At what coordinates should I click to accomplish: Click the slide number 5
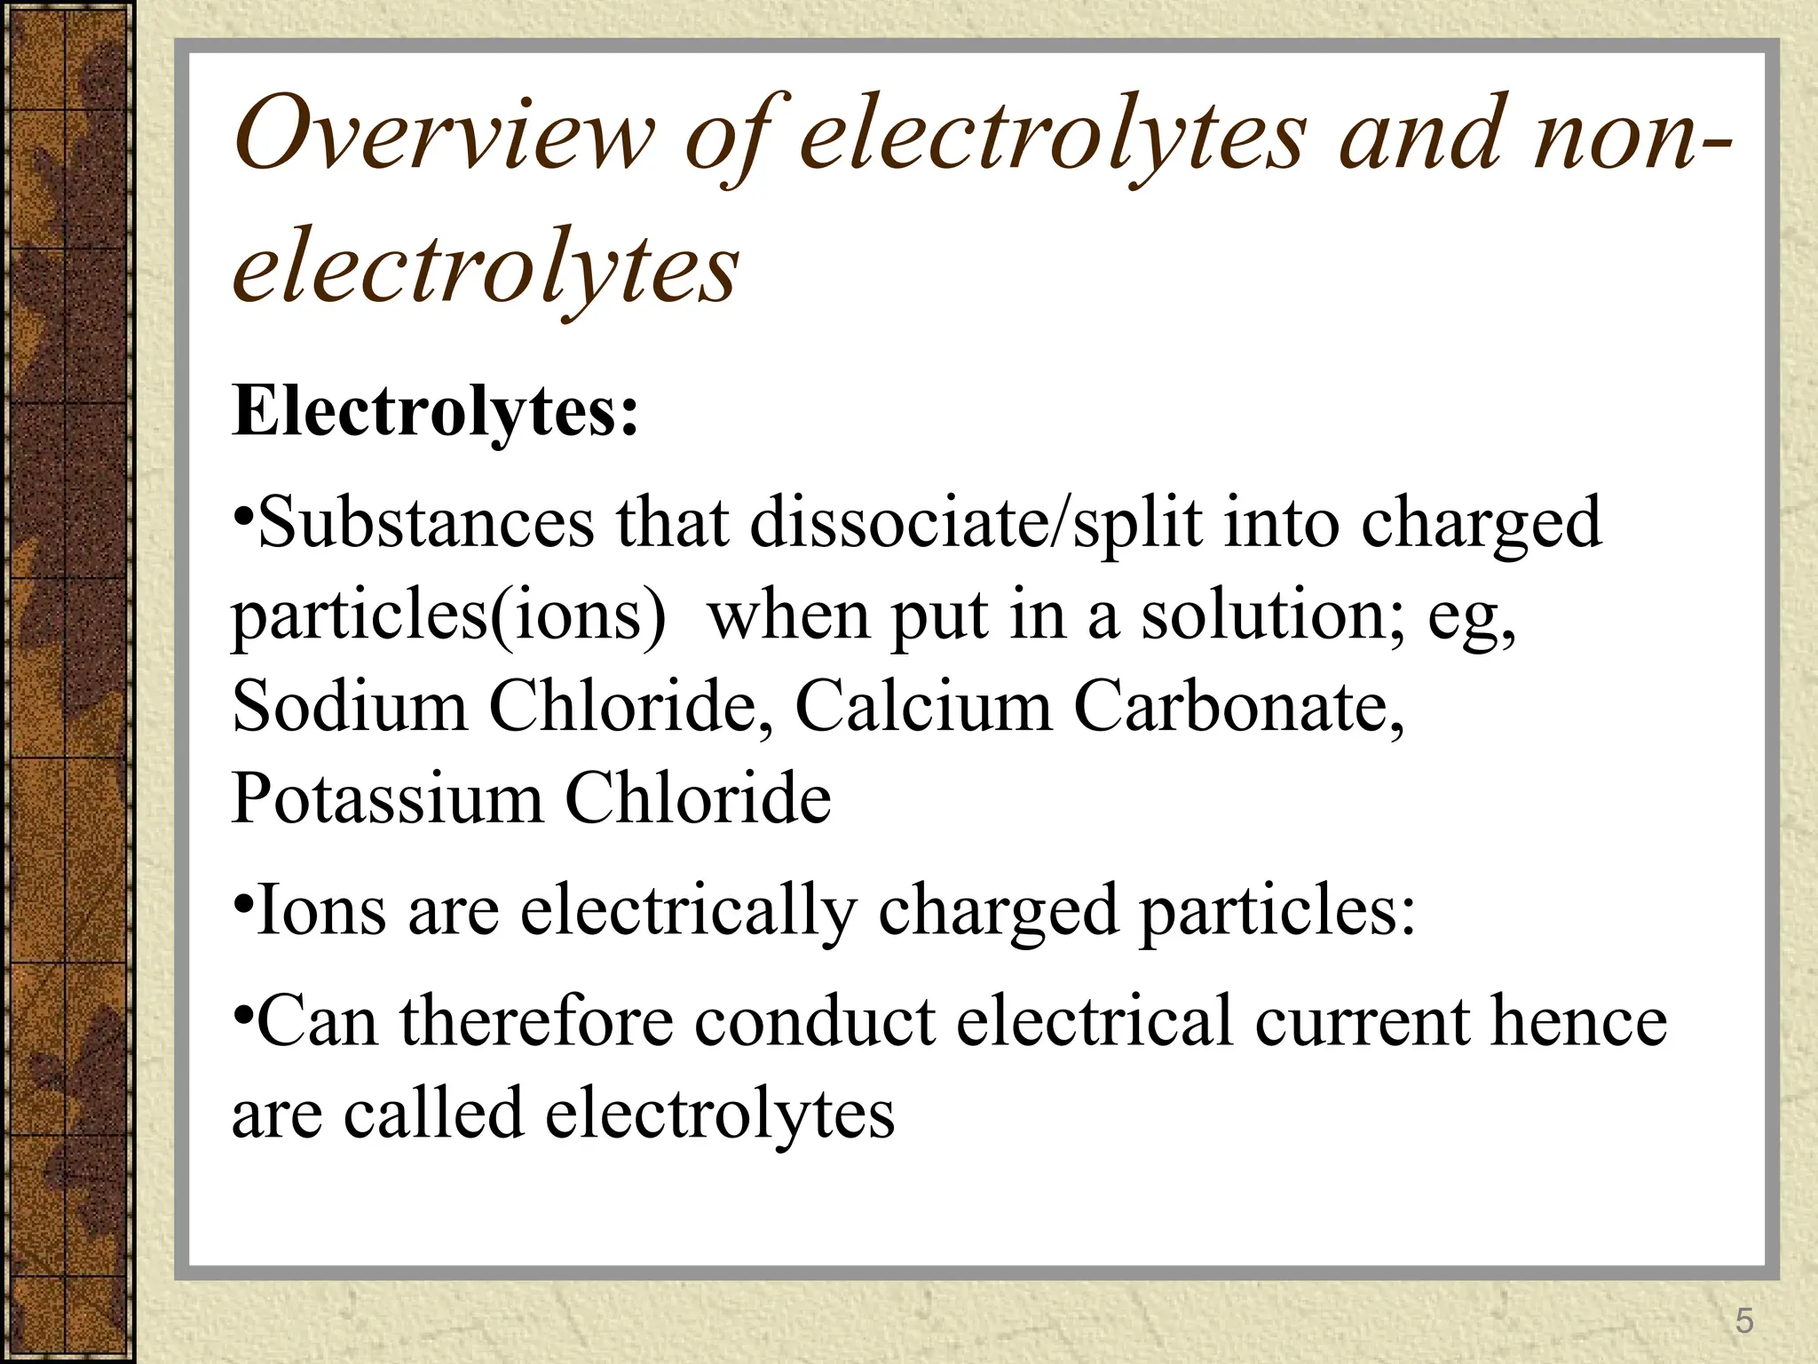coord(1744,1321)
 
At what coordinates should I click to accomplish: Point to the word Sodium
coord(349,707)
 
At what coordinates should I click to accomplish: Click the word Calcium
coord(923,707)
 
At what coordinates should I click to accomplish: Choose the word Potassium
coord(386,798)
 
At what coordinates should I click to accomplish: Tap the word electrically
coord(689,913)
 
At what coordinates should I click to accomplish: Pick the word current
coord(1362,1021)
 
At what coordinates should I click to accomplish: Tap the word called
coord(433,1114)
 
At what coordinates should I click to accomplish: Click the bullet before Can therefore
coord(244,1012)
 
